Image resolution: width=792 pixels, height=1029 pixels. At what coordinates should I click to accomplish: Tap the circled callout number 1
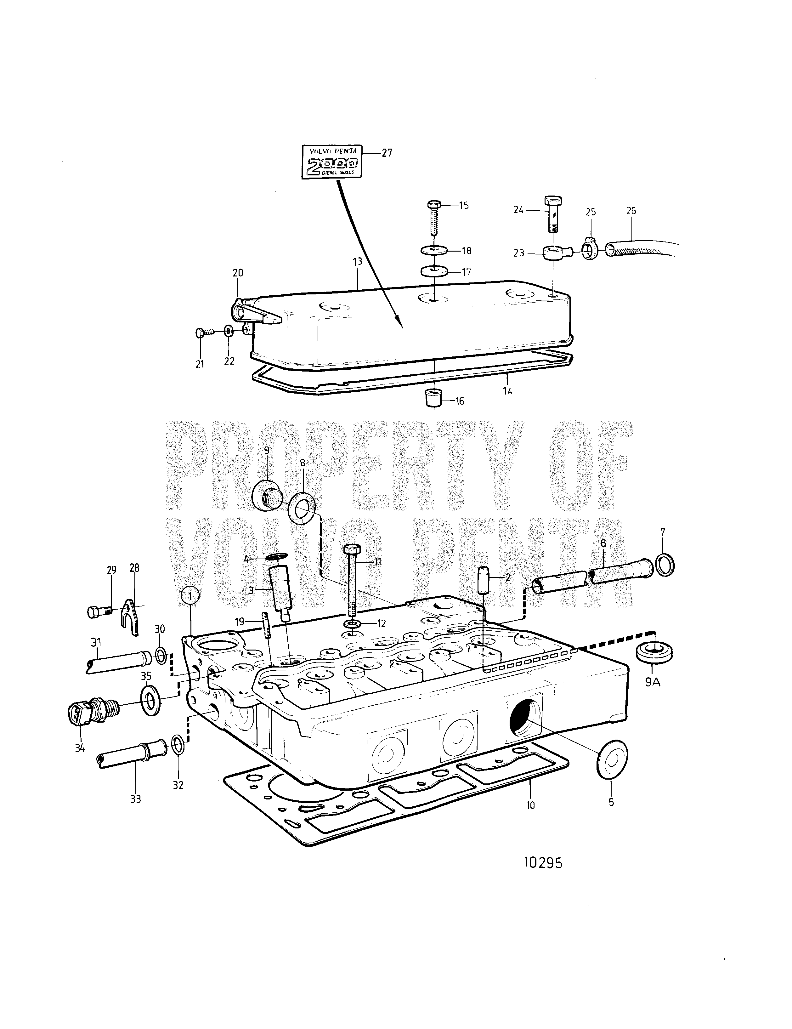point(190,596)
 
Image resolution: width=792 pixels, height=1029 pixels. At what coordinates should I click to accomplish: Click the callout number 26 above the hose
point(631,211)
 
